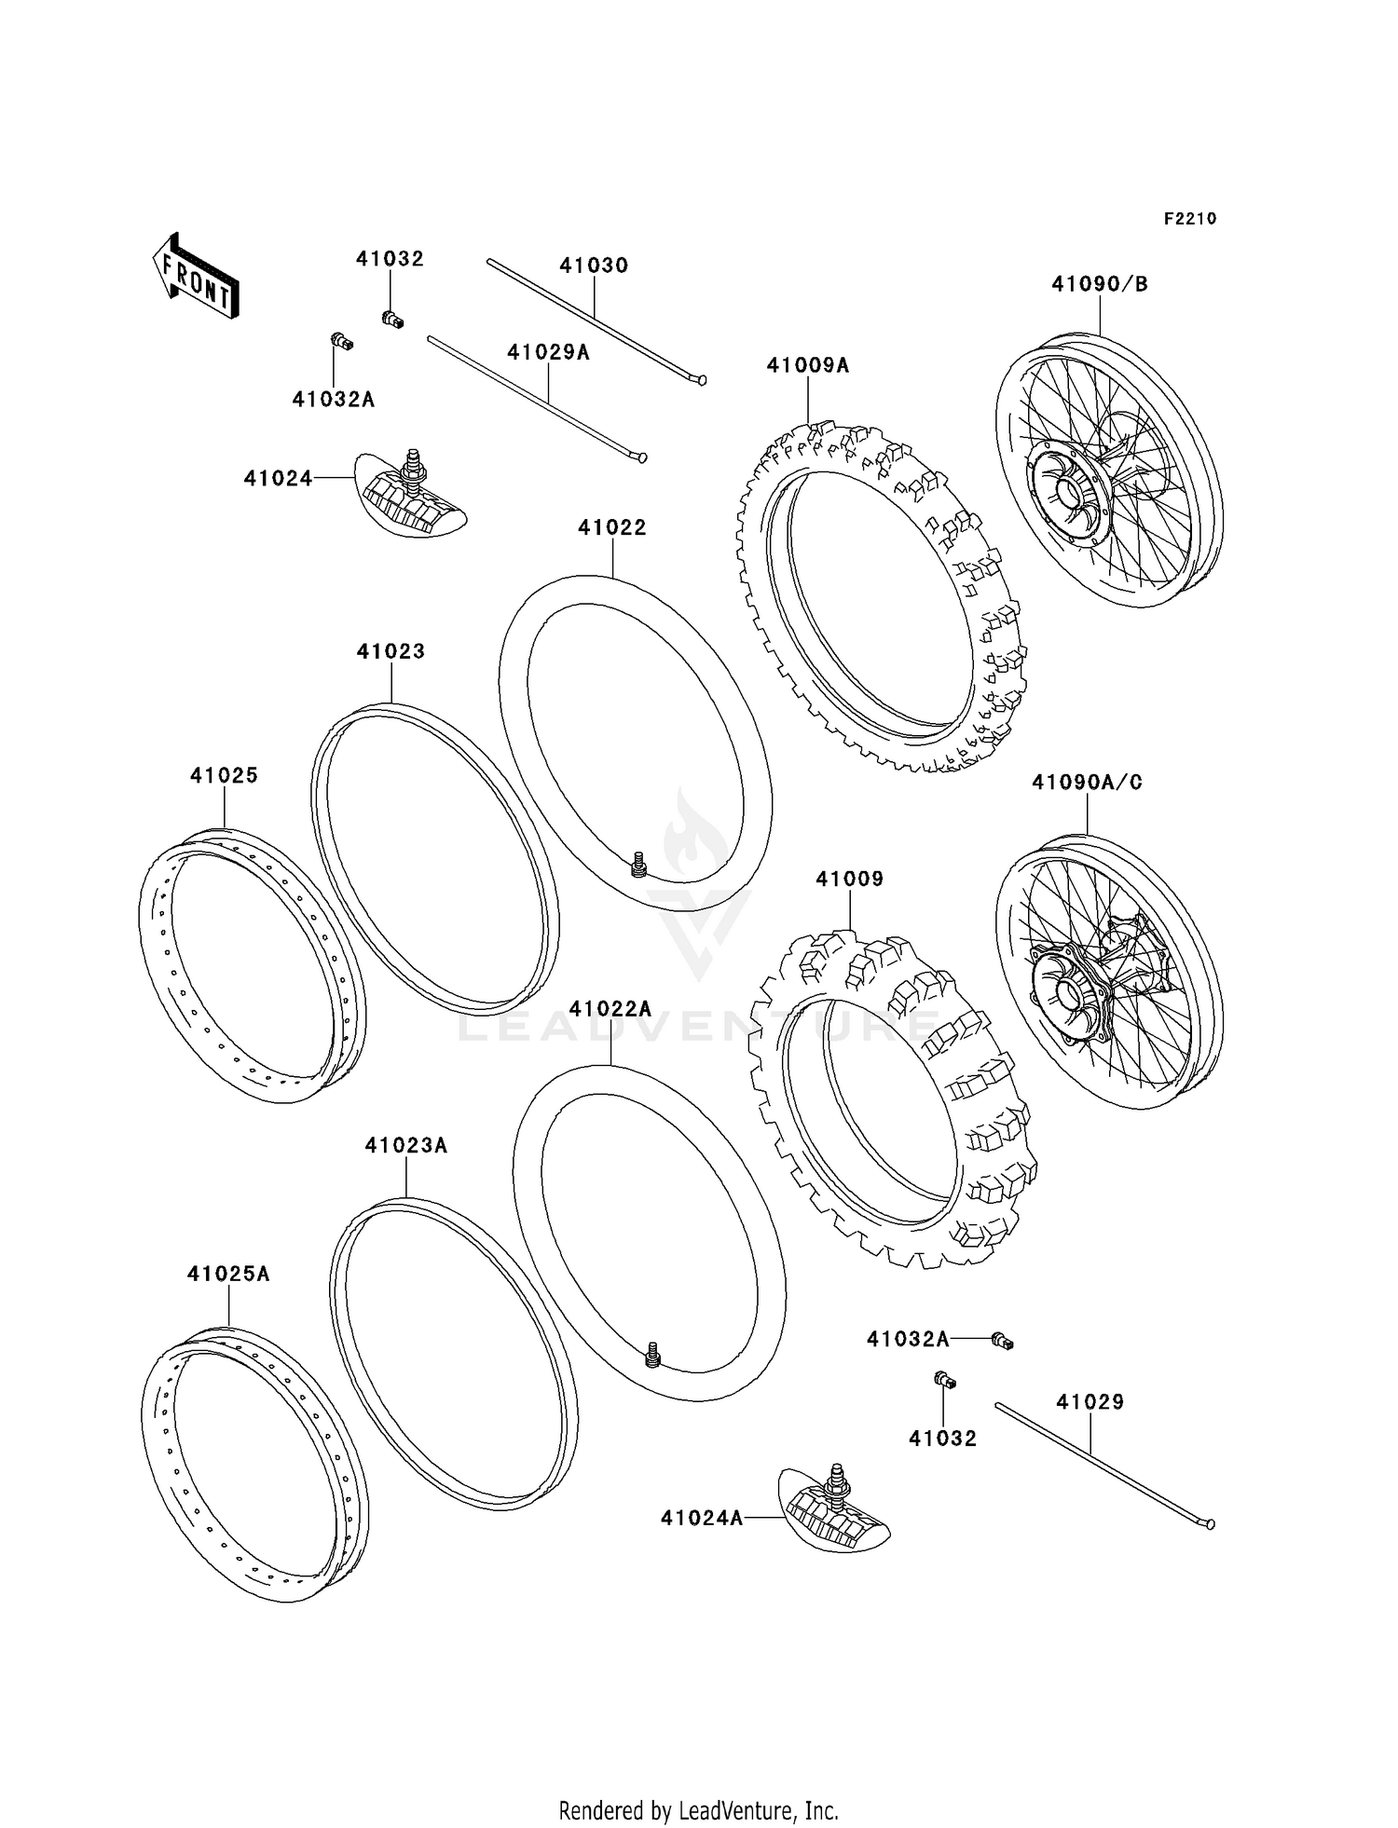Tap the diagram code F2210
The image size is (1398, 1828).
point(1190,219)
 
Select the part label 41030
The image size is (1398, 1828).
point(594,266)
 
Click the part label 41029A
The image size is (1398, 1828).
point(548,352)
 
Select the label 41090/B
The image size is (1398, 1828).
point(1100,284)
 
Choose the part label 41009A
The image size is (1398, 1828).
point(808,365)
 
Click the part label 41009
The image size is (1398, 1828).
point(849,879)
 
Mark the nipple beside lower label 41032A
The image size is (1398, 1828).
point(1003,1341)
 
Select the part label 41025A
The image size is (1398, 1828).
point(228,1274)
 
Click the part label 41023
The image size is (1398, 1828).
point(391,651)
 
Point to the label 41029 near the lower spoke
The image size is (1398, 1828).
point(1090,1401)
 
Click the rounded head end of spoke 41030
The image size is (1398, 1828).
point(702,380)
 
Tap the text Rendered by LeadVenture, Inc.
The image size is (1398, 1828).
point(698,1810)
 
